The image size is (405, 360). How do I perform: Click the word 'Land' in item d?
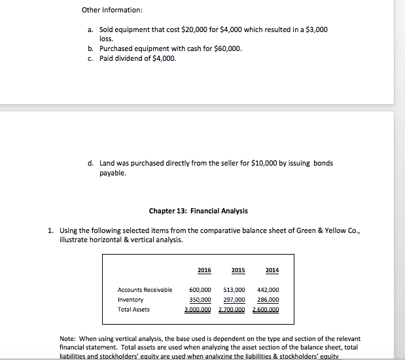pyautogui.click(x=107, y=164)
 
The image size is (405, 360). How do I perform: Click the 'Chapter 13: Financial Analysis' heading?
pyautogui.click(x=198, y=211)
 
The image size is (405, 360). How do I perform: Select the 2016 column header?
pyautogui.click(x=204, y=270)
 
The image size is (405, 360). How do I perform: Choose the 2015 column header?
pyautogui.click(x=238, y=270)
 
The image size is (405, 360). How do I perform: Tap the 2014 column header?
pyautogui.click(x=272, y=270)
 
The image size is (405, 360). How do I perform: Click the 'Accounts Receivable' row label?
pyautogui.click(x=145, y=290)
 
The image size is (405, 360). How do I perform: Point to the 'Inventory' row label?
pyautogui.click(x=130, y=300)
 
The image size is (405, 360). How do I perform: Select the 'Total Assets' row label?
pyautogui.click(x=133, y=310)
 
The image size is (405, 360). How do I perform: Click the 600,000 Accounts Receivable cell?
pyautogui.click(x=200, y=290)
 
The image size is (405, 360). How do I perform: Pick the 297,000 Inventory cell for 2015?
pyautogui.click(x=234, y=300)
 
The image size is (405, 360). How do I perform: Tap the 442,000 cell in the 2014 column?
pyautogui.click(x=268, y=290)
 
